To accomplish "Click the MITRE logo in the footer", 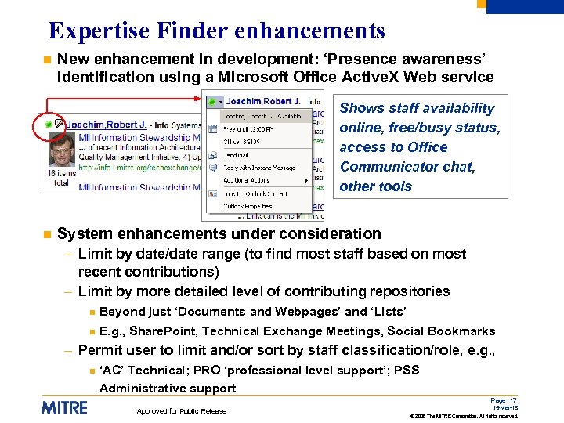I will tap(64, 407).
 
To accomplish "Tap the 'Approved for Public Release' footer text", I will tap(182, 410).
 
